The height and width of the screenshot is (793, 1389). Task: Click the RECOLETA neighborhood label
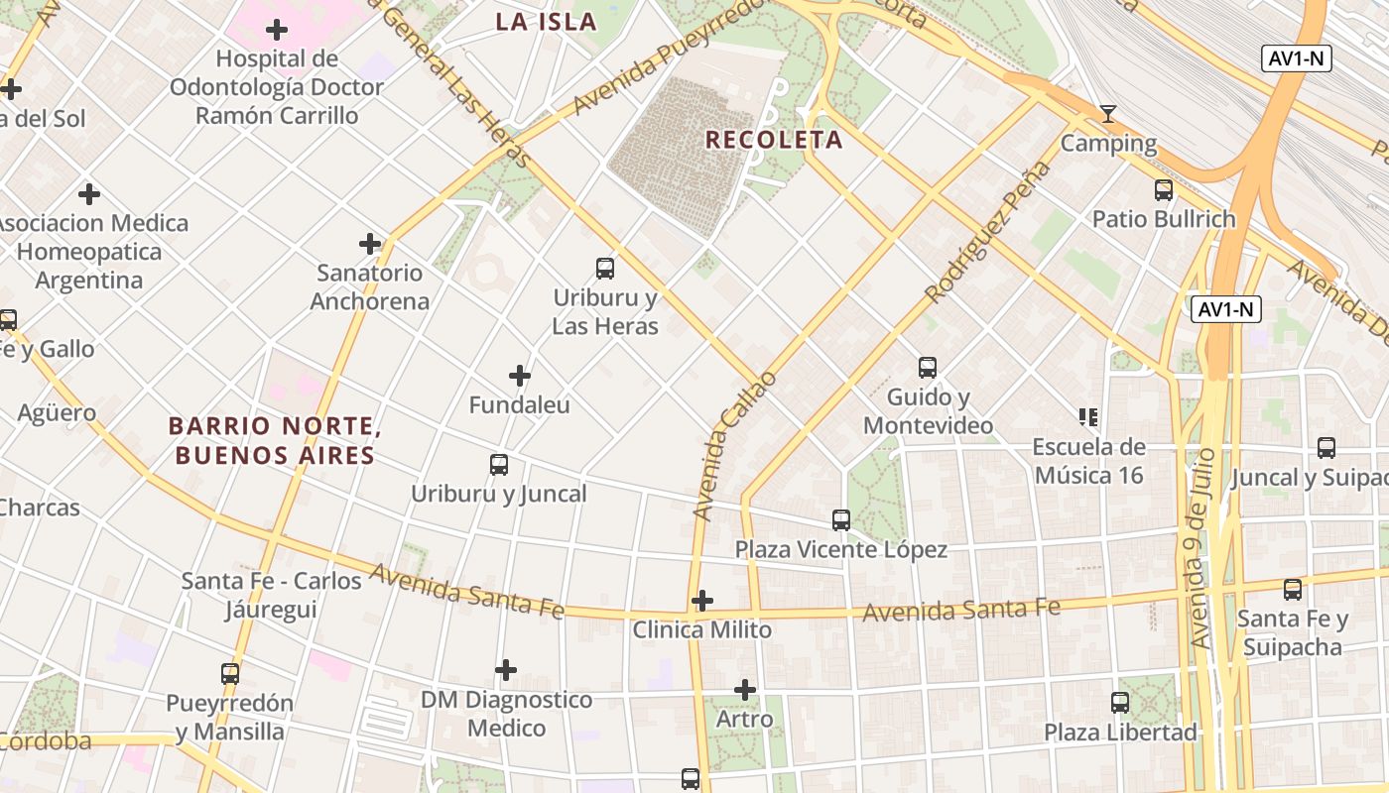point(774,140)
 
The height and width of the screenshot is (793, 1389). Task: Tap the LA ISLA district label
point(546,22)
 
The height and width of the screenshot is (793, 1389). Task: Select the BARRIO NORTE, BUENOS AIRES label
point(274,441)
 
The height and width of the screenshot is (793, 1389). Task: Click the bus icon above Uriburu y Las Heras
point(604,268)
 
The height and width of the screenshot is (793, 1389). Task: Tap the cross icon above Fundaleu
point(519,376)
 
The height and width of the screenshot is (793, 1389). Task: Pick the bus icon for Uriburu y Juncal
point(499,464)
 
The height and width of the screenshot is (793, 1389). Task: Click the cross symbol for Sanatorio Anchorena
point(370,243)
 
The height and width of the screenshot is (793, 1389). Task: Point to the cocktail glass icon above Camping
point(1108,114)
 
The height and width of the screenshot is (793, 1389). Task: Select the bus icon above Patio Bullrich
point(1164,189)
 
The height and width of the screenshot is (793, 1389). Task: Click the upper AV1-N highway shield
point(1297,58)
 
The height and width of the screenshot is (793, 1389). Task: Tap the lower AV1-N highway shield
point(1226,309)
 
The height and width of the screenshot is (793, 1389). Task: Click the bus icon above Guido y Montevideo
point(928,368)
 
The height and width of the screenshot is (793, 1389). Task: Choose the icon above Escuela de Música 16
point(1088,417)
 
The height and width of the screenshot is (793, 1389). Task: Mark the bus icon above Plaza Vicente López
point(841,519)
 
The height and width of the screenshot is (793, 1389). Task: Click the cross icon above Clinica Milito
point(702,601)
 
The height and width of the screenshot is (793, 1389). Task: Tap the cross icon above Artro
point(745,690)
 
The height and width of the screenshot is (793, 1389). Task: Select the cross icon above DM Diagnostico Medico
point(506,670)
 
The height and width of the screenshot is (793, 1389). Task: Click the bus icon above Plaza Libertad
point(1120,703)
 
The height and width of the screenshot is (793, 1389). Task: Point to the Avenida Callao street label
point(734,446)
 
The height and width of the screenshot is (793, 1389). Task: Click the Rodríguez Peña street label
point(986,233)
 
